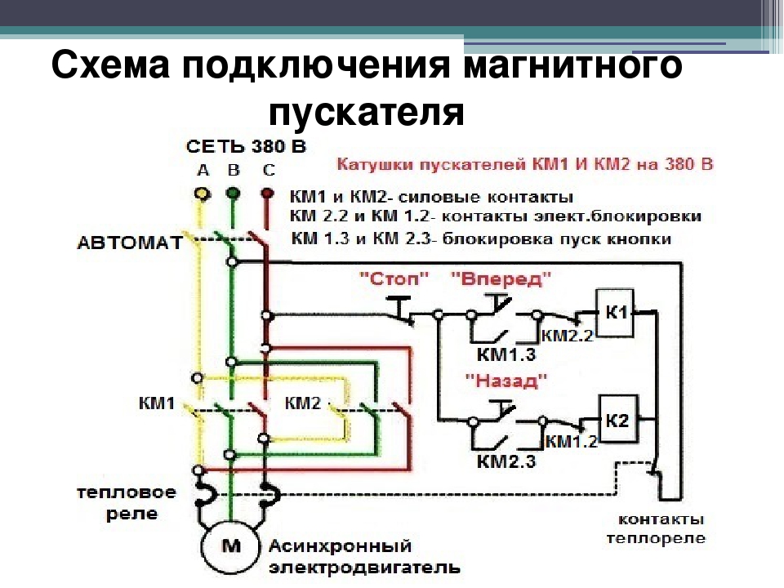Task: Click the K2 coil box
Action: pyautogui.click(x=618, y=421)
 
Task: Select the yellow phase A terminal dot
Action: pyautogui.click(x=199, y=194)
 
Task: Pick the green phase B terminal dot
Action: pyautogui.click(x=233, y=194)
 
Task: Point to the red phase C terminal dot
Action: pyautogui.click(x=266, y=194)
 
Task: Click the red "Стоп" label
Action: pyautogui.click(x=394, y=279)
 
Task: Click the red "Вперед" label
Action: pyautogui.click(x=501, y=279)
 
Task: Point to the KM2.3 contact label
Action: pyautogui.click(x=506, y=462)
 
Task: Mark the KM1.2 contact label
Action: pyautogui.click(x=572, y=442)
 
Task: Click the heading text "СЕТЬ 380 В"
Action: pyautogui.click(x=245, y=148)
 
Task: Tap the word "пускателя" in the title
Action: pyautogui.click(x=367, y=112)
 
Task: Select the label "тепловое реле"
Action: pyautogui.click(x=127, y=504)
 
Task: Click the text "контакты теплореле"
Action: pyautogui.click(x=661, y=528)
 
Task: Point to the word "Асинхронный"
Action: pyautogui.click(x=341, y=545)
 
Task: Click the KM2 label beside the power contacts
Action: pyautogui.click(x=302, y=403)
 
